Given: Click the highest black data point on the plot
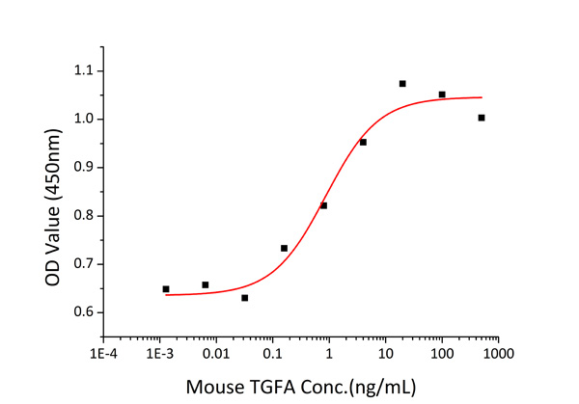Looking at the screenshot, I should pyautogui.click(x=402, y=84).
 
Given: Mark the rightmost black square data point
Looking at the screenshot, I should pyautogui.click(x=482, y=118).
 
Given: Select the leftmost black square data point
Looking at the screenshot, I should pyautogui.click(x=166, y=288).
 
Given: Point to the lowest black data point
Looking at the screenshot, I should pyautogui.click(x=245, y=298).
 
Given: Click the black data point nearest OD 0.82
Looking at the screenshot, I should pyautogui.click(x=324, y=205).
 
